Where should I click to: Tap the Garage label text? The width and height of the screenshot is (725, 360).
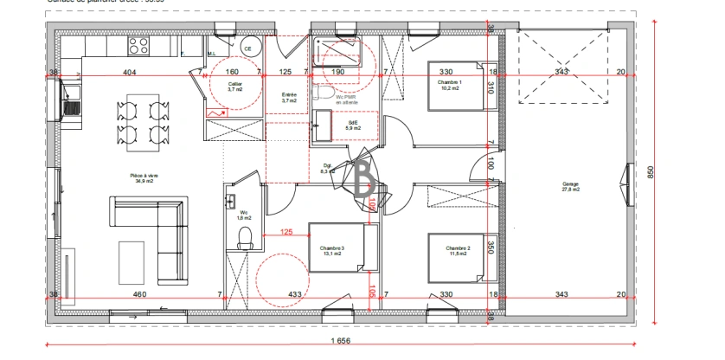(569, 184)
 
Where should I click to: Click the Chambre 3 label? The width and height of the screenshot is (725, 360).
(331, 251)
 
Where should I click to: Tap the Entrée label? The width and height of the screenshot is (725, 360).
(289, 98)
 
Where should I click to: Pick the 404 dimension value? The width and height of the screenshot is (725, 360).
(131, 73)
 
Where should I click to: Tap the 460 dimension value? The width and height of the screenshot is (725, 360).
(138, 295)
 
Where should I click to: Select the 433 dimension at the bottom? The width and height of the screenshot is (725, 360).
(295, 295)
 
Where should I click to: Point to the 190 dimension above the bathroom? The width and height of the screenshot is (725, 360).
(339, 73)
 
